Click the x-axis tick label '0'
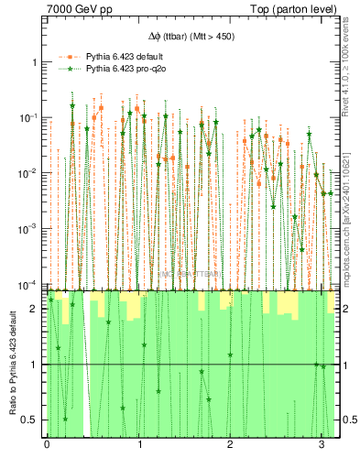(47, 444)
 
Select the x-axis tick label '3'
(322, 444)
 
